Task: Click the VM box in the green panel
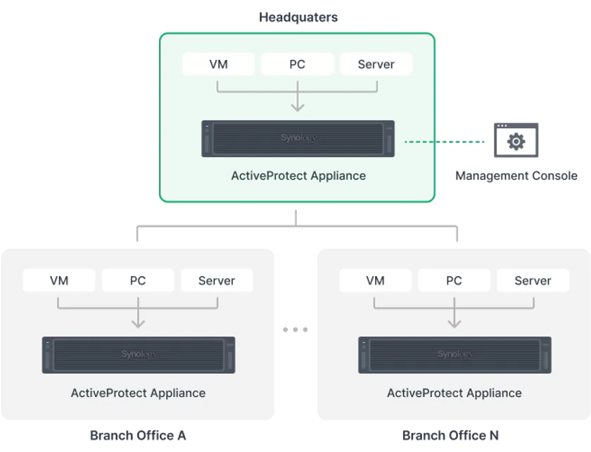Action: point(219,64)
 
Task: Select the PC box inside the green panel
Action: point(297,64)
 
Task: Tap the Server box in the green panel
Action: point(376,64)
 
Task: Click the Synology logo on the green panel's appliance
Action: point(298,138)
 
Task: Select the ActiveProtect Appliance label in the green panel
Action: point(298,175)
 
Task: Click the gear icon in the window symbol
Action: point(516,142)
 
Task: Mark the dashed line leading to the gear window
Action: point(442,142)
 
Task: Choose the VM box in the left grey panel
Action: point(59,280)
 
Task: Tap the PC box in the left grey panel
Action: point(138,280)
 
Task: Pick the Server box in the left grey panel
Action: point(217,280)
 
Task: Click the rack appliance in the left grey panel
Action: point(139,354)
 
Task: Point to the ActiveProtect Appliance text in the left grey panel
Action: point(139,393)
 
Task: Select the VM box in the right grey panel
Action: point(375,280)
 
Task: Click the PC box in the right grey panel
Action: point(454,280)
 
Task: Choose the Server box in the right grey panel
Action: point(533,280)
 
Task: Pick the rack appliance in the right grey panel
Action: point(455,354)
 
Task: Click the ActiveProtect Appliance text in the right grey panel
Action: point(455,393)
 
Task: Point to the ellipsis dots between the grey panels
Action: point(290,327)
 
